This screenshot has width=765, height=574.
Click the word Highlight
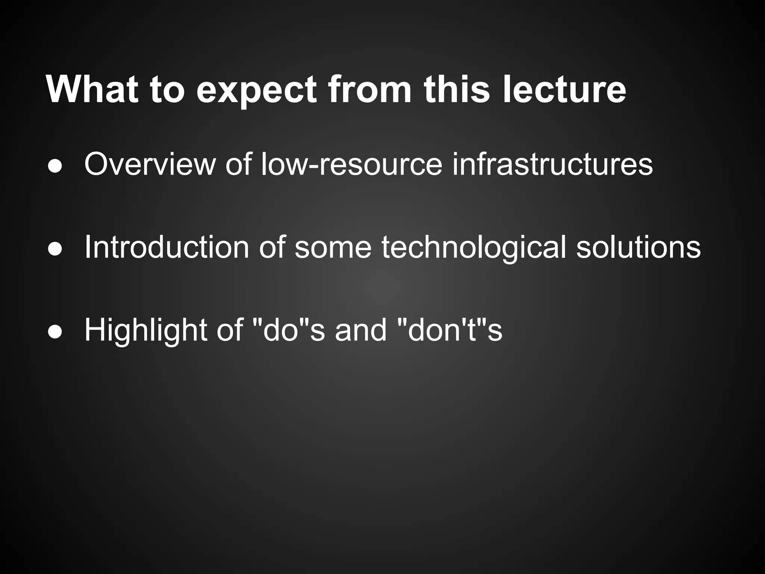[x=146, y=330]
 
